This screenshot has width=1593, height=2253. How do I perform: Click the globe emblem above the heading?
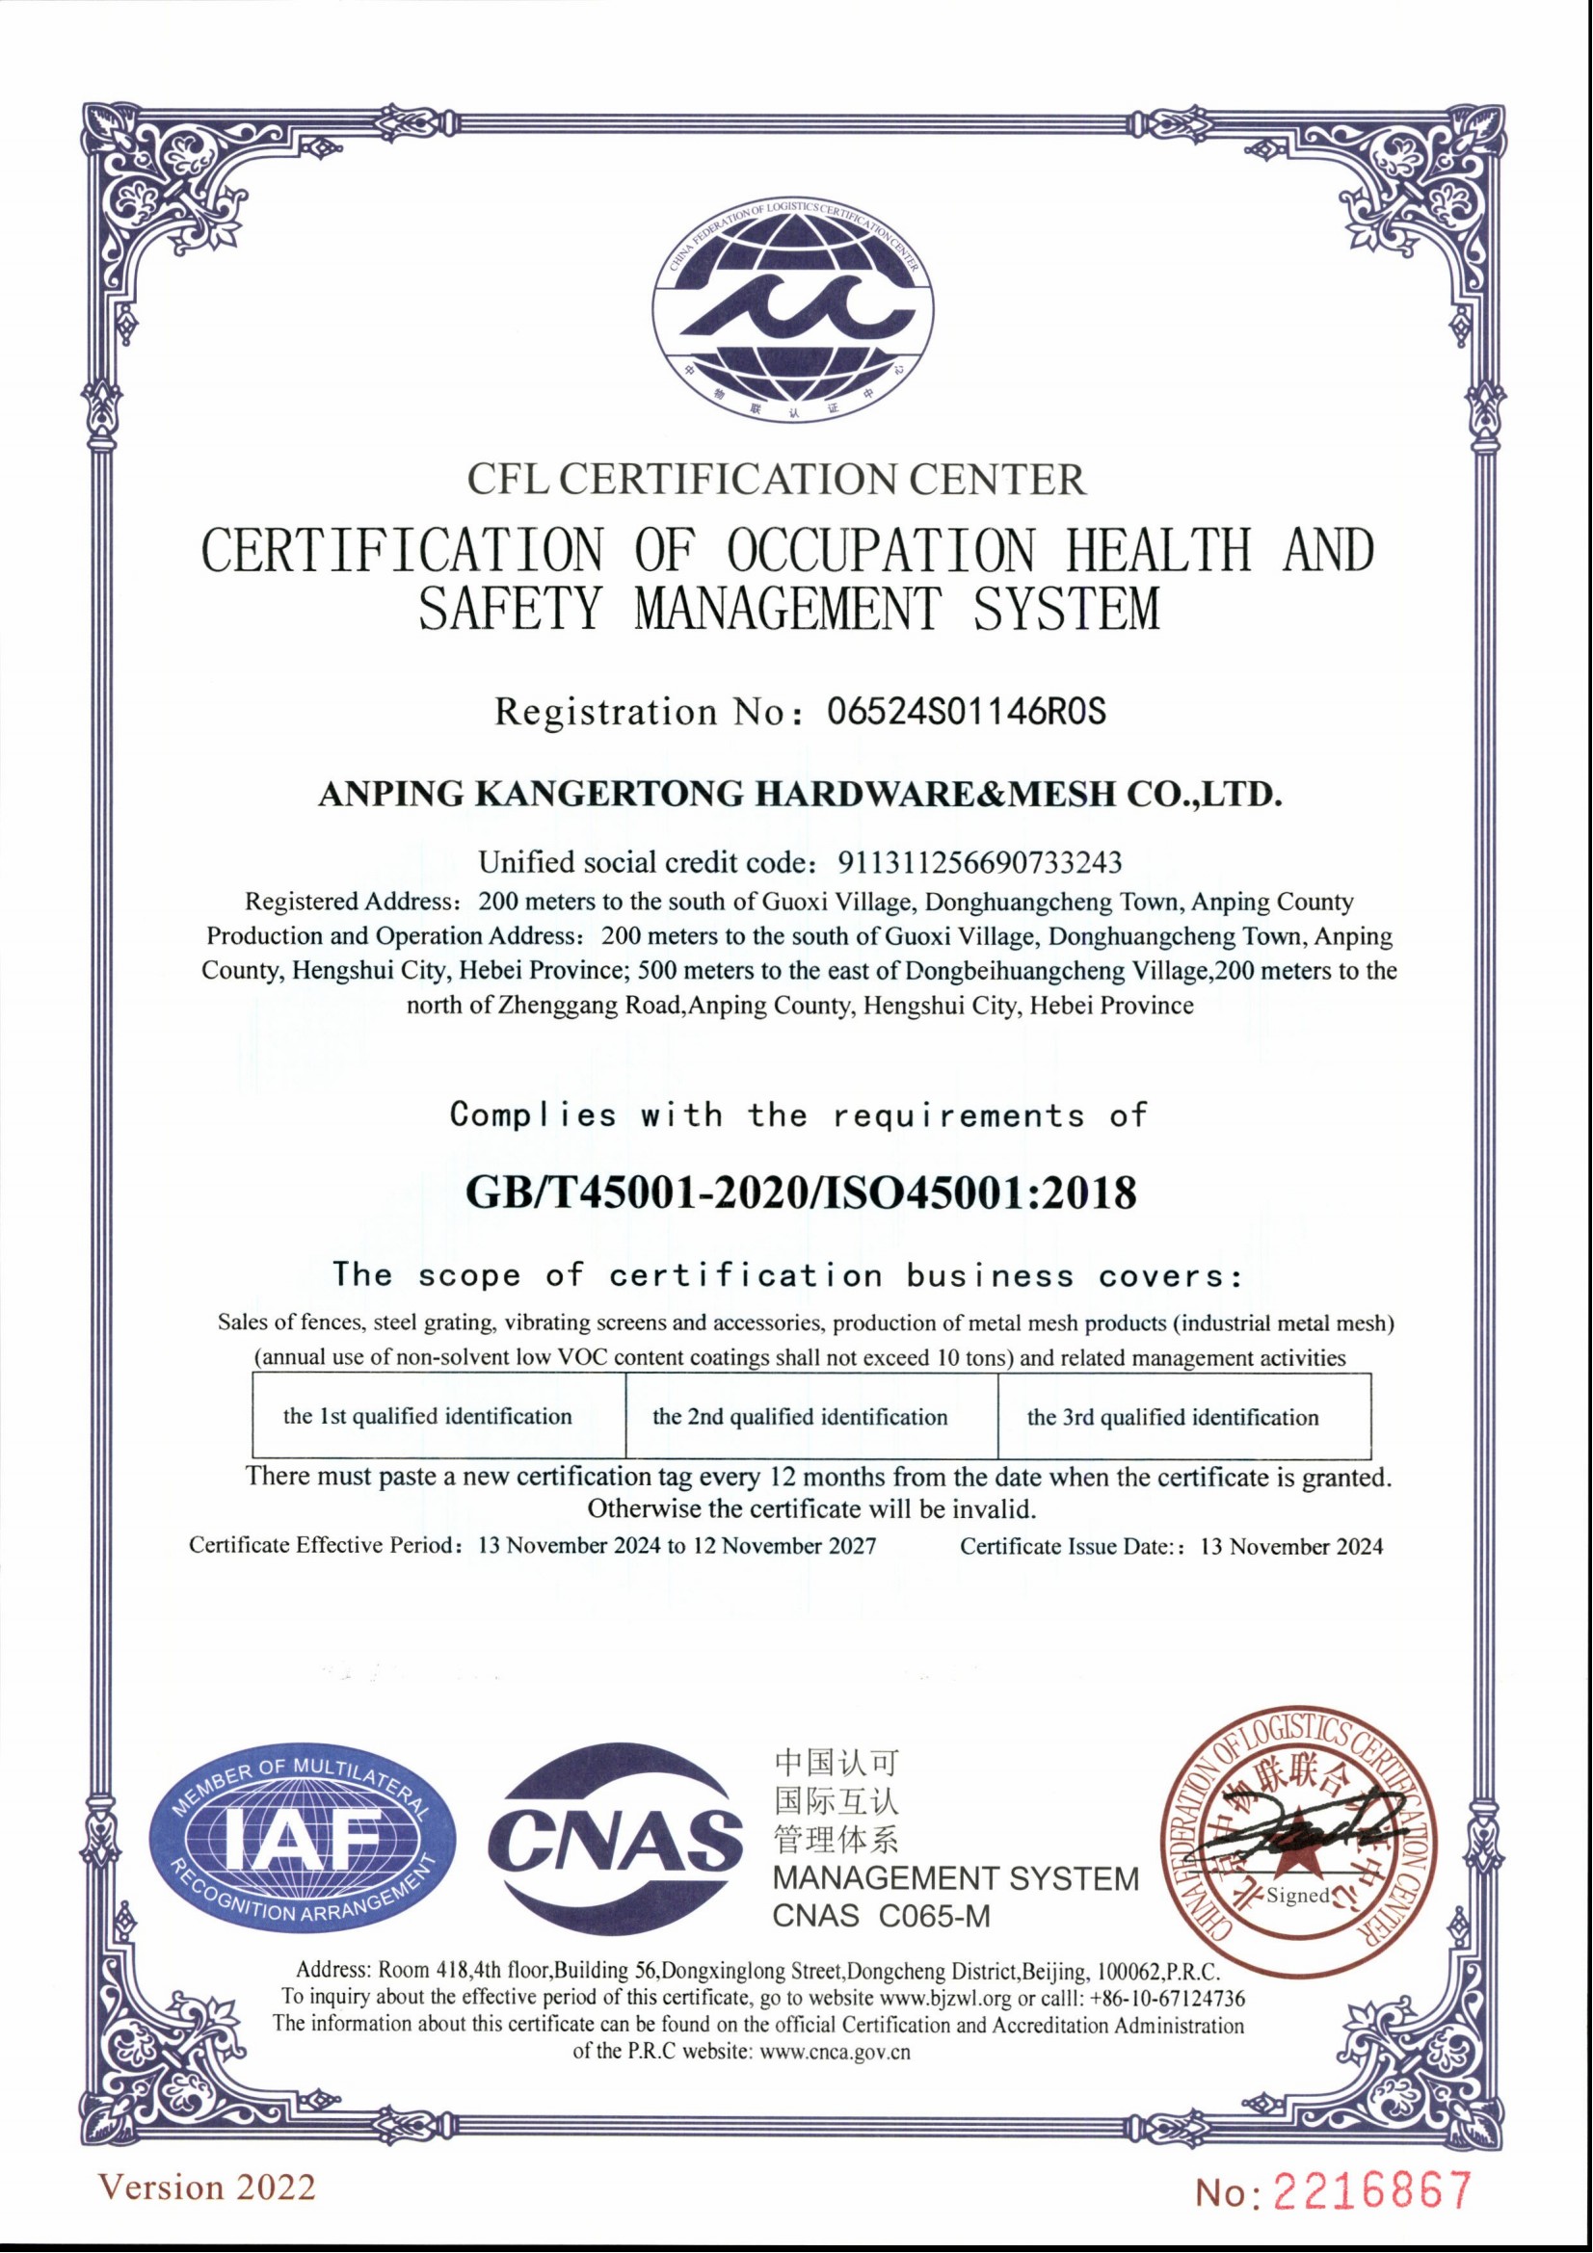coord(794,307)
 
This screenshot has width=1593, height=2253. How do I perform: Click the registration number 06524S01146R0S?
coord(967,711)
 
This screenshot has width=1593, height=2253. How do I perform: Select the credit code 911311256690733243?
coord(978,862)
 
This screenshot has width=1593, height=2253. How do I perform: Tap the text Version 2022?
coord(208,2188)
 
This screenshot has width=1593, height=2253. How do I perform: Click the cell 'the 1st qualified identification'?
coord(428,1416)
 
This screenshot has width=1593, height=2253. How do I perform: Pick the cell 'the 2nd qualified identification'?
coord(800,1417)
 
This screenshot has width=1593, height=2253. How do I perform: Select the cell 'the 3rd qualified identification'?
coord(1173,1417)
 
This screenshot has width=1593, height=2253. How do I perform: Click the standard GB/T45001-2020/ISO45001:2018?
coord(800,1193)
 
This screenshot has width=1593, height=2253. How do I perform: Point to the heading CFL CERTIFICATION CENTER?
coord(777,480)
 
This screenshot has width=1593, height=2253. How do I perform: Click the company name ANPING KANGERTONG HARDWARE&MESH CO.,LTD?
coord(800,793)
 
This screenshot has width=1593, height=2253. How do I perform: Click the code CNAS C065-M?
coord(882,1917)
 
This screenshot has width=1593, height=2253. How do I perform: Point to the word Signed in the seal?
coord(1297,1896)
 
